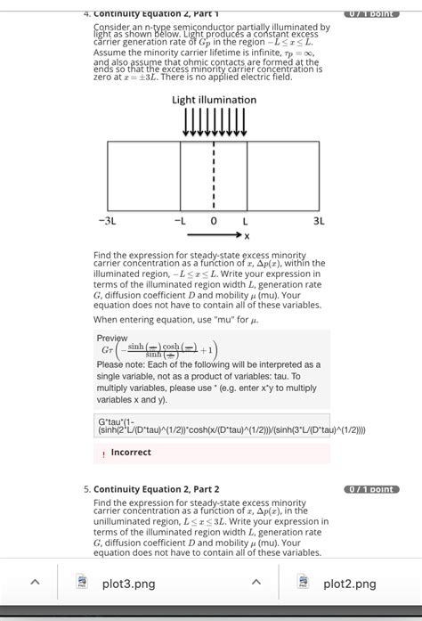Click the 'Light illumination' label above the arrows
pyautogui.click(x=214, y=100)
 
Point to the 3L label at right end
pyautogui.click(x=319, y=219)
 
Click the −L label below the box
pyautogui.click(x=179, y=219)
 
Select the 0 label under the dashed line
pyautogui.click(x=214, y=219)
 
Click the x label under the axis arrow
pyautogui.click(x=247, y=236)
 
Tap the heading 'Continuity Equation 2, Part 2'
pyautogui.click(x=156, y=488)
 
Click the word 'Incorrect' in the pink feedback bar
pyautogui.click(x=131, y=453)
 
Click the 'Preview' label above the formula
pyautogui.click(x=112, y=339)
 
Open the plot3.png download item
pyautogui.click(x=128, y=584)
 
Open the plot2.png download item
pyautogui.click(x=349, y=584)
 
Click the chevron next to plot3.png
pyautogui.click(x=35, y=584)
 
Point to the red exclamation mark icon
pyautogui.click(x=102, y=453)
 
